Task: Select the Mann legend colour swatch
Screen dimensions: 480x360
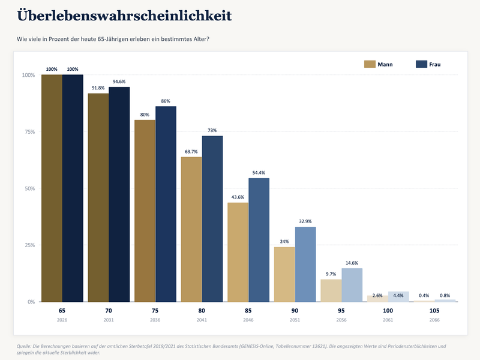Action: coord(370,64)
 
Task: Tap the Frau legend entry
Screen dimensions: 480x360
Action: coord(428,64)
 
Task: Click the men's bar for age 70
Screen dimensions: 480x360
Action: coord(98,197)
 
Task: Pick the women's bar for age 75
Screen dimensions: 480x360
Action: coord(166,204)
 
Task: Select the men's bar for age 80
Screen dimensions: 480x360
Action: coord(191,229)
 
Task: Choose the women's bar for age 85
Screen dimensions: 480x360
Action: coord(259,240)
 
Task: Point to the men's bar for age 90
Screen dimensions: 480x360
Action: coord(284,274)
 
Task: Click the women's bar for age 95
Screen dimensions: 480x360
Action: coord(352,285)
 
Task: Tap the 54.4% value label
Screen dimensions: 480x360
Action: coord(259,173)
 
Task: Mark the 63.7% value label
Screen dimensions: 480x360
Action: coord(191,152)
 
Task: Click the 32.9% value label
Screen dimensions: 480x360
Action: coord(305,221)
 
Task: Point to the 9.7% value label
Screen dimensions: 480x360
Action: coord(331,274)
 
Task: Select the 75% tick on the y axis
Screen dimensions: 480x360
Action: coord(29,131)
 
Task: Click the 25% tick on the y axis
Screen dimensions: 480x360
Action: coord(29,245)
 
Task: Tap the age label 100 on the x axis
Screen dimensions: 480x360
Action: coord(388,310)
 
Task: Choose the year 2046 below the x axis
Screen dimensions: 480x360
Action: coord(248,320)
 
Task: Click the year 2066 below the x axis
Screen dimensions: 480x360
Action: coord(434,320)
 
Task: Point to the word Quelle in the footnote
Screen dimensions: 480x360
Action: coord(23,346)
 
